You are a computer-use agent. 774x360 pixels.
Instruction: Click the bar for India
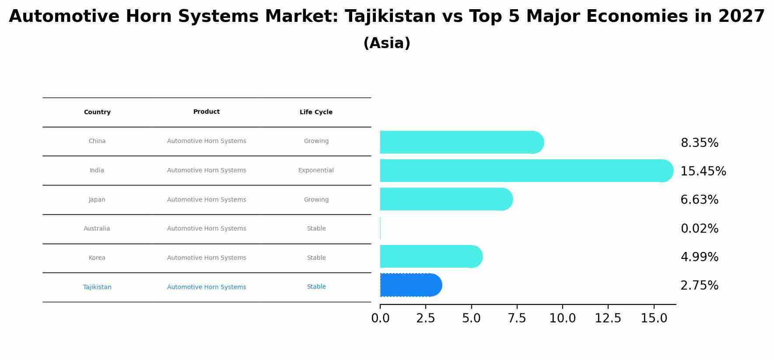[x=525, y=171]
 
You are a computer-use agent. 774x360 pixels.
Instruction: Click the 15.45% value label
[x=703, y=171]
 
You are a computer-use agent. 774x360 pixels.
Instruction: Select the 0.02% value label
[x=699, y=228]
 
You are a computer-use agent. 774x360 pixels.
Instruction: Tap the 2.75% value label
[x=699, y=286]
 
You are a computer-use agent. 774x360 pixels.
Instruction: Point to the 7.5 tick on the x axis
[x=517, y=318]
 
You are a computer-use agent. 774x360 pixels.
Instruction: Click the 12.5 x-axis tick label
[x=608, y=318]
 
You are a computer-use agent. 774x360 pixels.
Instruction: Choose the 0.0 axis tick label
[x=380, y=318]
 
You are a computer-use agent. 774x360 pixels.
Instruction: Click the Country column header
[x=97, y=112]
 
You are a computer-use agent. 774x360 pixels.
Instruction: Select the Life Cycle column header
[x=316, y=112]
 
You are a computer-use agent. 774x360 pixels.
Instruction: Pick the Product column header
[x=207, y=112]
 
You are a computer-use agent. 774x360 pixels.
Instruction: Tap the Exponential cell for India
[x=316, y=170]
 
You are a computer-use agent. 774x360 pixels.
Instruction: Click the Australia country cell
[x=97, y=228]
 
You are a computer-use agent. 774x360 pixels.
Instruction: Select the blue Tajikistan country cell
[x=97, y=287]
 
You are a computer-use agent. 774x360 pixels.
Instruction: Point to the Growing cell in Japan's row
[x=316, y=199]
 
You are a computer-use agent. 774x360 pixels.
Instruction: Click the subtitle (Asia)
[x=387, y=43]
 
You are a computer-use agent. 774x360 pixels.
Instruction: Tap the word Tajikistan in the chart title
[x=390, y=17]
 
